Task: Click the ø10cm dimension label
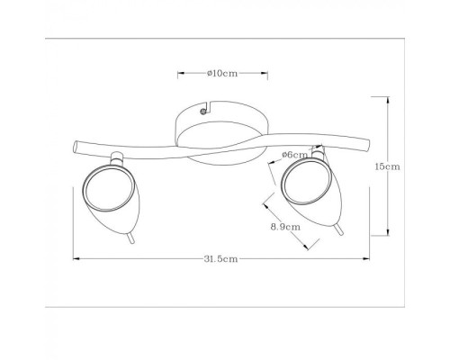pyautogui.click(x=222, y=73)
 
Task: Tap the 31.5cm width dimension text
pyautogui.click(x=220, y=259)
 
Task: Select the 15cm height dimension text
pyautogui.click(x=387, y=166)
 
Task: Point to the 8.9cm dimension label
pyautogui.click(x=285, y=227)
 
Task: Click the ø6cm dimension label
pyautogui.click(x=294, y=155)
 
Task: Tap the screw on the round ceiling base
pyautogui.click(x=203, y=112)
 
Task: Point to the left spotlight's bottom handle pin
pyautogui.click(x=130, y=238)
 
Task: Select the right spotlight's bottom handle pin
pyautogui.click(x=339, y=229)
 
